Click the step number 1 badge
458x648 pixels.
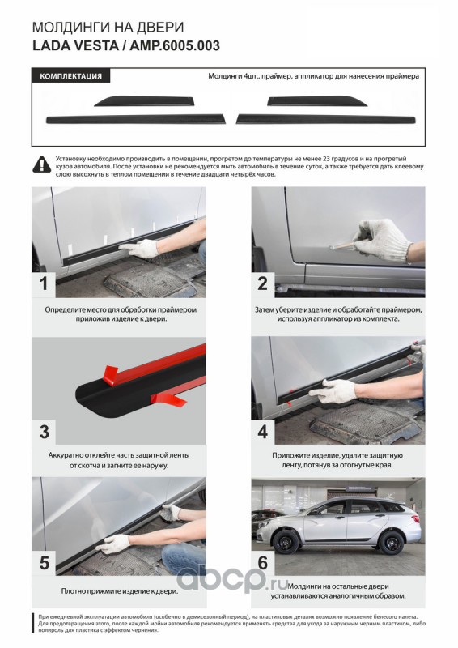pos(44,284)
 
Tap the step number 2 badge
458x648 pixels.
pos(263,284)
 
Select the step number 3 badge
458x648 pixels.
pos(45,432)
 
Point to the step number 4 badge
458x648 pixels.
pos(263,432)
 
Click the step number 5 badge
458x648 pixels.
pos(45,562)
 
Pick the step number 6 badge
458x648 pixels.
pos(263,562)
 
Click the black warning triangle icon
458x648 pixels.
pos(42,164)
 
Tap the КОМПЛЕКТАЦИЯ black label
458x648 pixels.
pos(70,76)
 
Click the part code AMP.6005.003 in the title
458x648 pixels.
pos(175,45)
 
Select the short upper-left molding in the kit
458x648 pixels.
pos(145,100)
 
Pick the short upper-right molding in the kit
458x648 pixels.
pos(316,100)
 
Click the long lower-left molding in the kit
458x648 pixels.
pos(136,119)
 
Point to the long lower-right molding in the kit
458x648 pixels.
pos(326,119)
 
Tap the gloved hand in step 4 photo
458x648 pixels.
pos(333,390)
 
